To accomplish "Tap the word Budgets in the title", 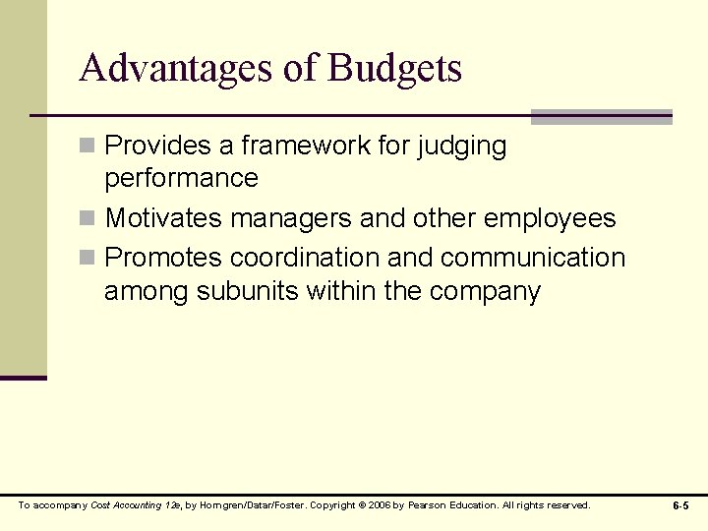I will (394, 68).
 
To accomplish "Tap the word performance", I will (181, 179).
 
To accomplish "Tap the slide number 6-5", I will (680, 505).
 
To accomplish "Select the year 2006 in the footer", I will (380, 505).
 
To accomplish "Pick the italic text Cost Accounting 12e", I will (136, 505).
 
